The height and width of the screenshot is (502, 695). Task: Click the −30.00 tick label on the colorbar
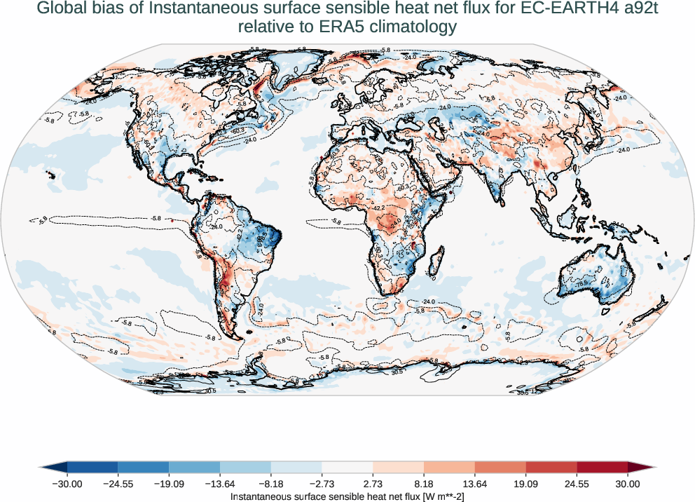point(67,484)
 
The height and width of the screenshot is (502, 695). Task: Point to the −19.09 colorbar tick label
point(169,484)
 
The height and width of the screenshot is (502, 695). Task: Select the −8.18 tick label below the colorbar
point(271,484)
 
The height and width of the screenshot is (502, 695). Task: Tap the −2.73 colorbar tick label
point(322,484)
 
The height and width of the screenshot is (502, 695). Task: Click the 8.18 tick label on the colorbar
point(424,484)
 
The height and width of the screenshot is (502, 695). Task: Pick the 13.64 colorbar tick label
point(475,484)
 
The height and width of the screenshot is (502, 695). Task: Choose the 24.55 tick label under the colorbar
point(577,484)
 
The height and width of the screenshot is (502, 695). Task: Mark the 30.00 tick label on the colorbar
point(628,484)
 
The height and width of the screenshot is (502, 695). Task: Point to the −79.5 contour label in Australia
point(581,284)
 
